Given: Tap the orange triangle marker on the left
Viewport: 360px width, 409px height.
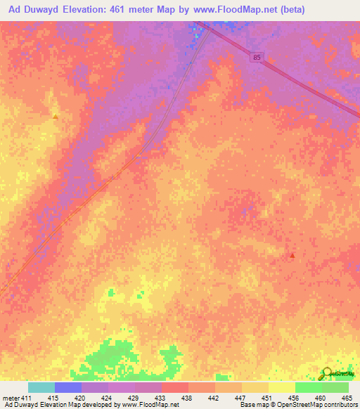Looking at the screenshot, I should tap(55, 116).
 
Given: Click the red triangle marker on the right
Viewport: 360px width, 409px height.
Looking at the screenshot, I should tap(292, 256).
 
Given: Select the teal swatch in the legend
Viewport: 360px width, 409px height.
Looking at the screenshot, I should tap(41, 387).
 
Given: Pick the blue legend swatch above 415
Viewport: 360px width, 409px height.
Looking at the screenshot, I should tap(68, 387).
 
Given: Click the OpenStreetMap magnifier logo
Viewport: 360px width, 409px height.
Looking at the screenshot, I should tap(326, 374).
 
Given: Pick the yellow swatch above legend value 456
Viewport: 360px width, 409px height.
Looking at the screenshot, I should tap(281, 387).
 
